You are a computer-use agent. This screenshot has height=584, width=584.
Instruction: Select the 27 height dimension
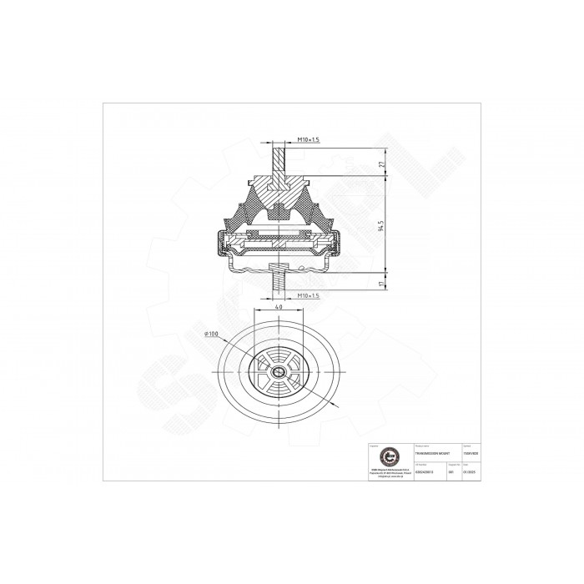[382, 165]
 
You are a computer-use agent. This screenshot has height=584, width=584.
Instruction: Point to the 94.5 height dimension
[382, 227]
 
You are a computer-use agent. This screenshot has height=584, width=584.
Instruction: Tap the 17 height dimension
[382, 284]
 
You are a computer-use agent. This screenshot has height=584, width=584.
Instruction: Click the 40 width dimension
[277, 306]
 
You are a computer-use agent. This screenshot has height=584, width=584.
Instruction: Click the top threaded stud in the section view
[278, 159]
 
